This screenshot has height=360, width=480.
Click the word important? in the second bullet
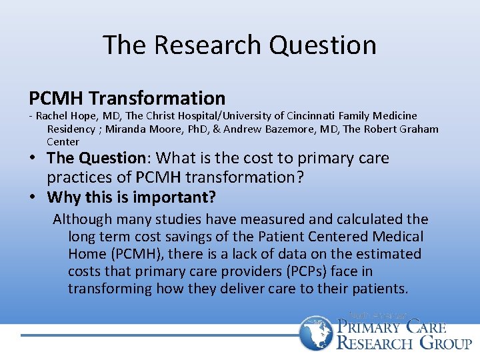click(x=182, y=197)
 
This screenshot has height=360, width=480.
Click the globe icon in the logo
click(x=315, y=334)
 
